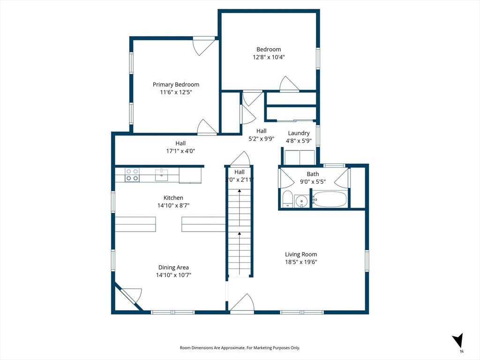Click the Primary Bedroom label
176,84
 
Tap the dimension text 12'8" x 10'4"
269,57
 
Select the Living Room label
301,255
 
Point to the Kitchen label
173,198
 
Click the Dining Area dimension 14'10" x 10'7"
173,275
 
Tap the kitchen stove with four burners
132,175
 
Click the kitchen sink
161,175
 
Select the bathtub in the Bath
330,199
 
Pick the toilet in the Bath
287,199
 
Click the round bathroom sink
301,201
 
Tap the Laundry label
299,133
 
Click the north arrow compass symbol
458,341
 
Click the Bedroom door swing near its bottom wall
289,84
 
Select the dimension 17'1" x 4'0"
180,151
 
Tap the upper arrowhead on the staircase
240,191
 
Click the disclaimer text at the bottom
240,348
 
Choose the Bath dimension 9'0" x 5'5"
313,181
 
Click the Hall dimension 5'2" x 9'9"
261,138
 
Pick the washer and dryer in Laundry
300,157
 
